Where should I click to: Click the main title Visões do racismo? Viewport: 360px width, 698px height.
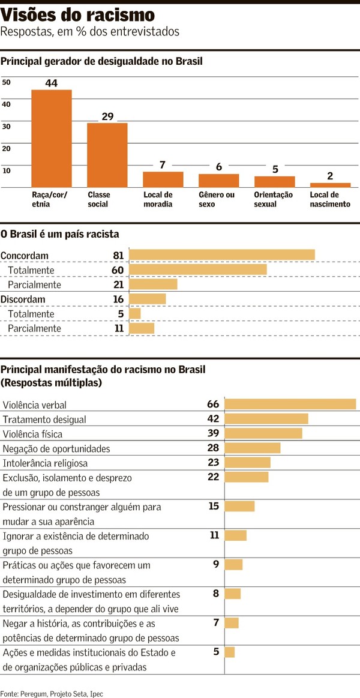(77, 14)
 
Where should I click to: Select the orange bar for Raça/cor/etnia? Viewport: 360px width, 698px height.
(51, 139)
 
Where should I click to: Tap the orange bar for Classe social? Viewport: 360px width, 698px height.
(107, 155)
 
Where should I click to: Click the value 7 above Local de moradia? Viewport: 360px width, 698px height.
(163, 164)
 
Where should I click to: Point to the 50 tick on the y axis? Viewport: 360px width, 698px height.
(6, 82)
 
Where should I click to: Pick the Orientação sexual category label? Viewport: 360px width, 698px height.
(273, 199)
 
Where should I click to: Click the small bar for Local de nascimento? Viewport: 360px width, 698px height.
(330, 185)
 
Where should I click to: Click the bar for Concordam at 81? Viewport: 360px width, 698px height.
(222, 255)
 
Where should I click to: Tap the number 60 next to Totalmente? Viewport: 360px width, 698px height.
(118, 270)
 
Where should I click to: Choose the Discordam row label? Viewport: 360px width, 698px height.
(23, 299)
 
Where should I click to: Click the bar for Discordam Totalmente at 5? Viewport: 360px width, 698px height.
(135, 314)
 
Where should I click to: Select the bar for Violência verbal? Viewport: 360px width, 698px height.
(290, 404)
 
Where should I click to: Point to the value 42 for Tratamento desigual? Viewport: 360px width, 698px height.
(213, 418)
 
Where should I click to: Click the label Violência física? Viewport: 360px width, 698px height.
(32, 434)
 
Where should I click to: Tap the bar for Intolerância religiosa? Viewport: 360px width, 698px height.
(247, 463)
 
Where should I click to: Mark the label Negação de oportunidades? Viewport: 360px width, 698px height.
(56, 448)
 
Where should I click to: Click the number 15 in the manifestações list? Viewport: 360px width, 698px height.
(214, 506)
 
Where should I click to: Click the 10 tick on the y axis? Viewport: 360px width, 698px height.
(6, 170)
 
